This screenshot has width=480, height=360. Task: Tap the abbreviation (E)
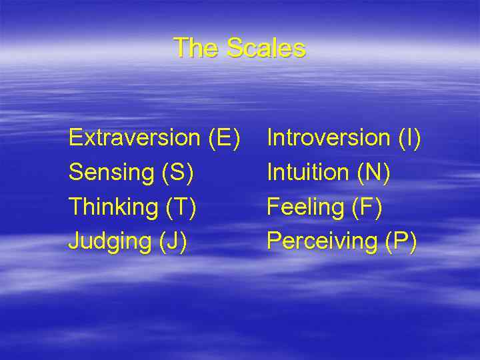click(x=224, y=138)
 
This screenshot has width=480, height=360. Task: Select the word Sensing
click(x=111, y=173)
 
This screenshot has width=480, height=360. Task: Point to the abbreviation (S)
click(x=177, y=173)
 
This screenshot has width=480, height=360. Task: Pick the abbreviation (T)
click(x=180, y=207)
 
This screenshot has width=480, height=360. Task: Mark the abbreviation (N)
click(x=374, y=173)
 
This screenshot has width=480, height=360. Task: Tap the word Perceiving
click(x=322, y=241)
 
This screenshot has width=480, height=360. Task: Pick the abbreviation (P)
click(x=401, y=241)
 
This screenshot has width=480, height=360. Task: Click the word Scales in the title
click(x=266, y=48)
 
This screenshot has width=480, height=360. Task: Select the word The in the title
click(x=196, y=48)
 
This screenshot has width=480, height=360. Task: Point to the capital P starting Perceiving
click(x=273, y=241)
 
